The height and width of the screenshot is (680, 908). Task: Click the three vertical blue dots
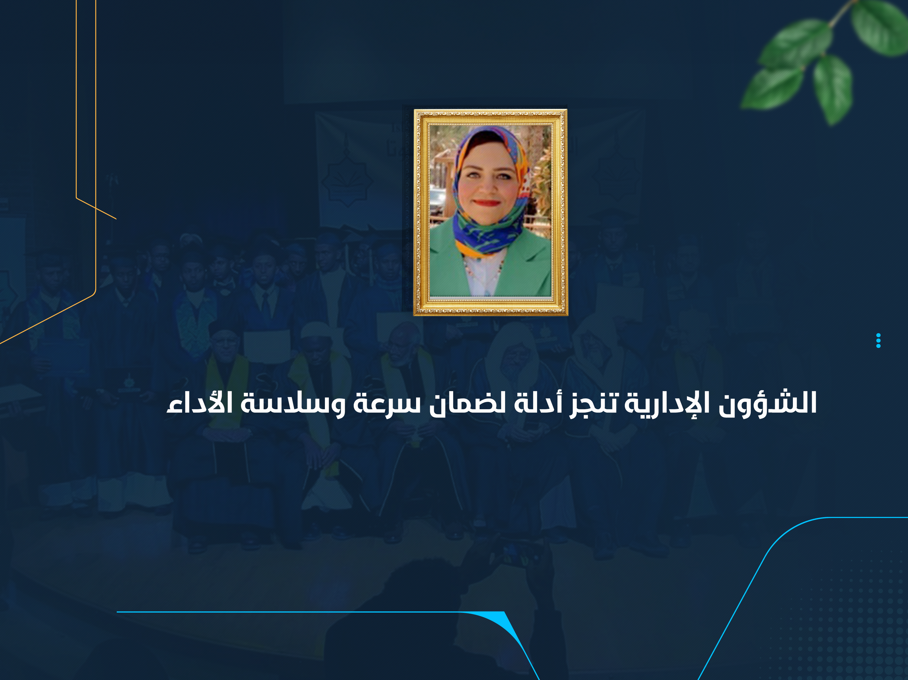(x=878, y=340)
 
